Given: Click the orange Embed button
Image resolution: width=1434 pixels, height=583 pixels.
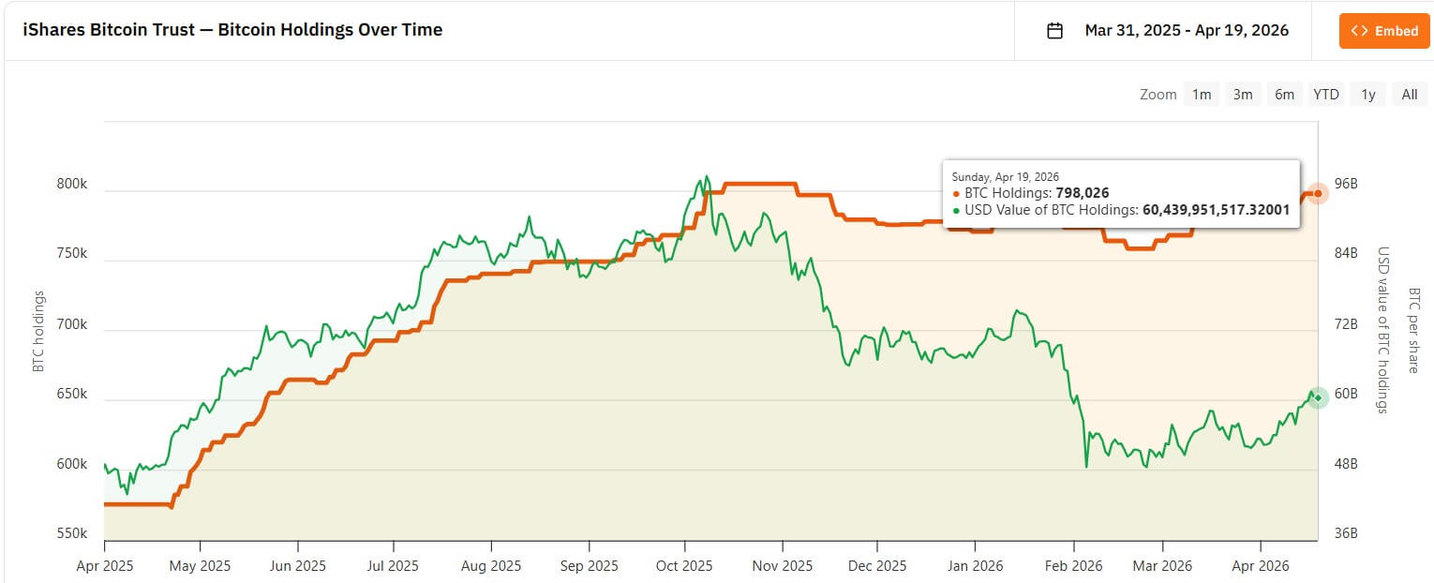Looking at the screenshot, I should point(1384,31).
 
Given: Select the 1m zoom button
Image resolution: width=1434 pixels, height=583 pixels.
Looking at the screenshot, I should point(1202,94).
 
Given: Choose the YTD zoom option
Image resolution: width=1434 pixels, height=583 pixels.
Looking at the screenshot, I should point(1325,94).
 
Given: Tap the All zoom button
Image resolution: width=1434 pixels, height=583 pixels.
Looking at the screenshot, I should point(1409,94).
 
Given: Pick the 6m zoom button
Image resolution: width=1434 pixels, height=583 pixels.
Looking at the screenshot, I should point(1284,94).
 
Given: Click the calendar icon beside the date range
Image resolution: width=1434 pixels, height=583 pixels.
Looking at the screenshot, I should point(1054,31).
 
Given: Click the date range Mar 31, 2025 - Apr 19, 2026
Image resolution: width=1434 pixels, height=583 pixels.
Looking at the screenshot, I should point(1187,31).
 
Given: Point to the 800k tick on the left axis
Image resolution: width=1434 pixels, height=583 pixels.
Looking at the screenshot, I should point(71,185).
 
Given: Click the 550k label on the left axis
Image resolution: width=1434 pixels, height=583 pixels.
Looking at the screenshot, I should point(71,533).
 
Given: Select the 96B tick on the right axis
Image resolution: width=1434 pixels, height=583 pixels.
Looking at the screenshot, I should point(1346,184).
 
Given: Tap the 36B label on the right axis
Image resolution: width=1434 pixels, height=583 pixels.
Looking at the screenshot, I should point(1346,533).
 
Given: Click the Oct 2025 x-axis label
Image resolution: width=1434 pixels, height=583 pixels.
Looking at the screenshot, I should point(685,566).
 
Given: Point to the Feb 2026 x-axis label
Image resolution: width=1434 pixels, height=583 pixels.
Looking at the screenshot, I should point(1074,566).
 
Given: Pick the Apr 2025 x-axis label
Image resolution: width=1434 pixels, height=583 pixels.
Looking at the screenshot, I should point(104,566).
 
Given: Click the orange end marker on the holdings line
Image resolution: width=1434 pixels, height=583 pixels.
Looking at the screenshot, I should point(1318,194).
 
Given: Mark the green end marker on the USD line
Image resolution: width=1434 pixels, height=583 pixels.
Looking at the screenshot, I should point(1318,398).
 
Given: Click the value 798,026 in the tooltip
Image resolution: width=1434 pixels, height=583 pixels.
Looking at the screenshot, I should point(1083,193).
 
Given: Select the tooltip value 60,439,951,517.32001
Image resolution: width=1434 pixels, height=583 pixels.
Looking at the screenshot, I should point(1216,210).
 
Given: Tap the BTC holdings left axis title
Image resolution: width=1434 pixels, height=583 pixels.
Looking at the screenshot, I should point(38,331).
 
